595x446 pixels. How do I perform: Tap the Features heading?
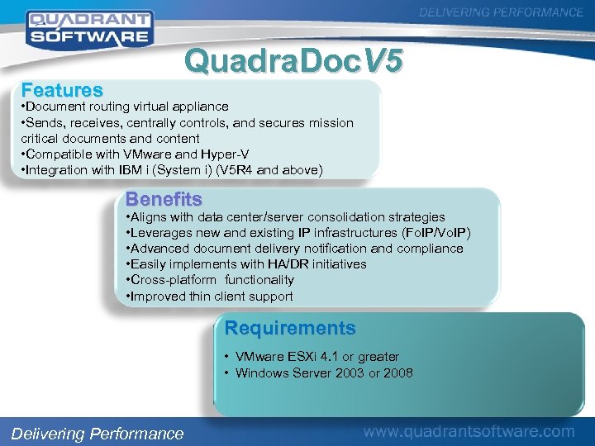pyautogui.click(x=62, y=89)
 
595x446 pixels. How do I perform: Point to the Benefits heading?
pyautogui.click(x=164, y=199)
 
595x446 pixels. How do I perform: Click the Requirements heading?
pyautogui.click(x=290, y=328)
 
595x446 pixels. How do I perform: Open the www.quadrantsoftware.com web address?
pyautogui.click(x=469, y=431)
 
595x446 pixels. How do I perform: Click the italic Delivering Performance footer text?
pyautogui.click(x=98, y=434)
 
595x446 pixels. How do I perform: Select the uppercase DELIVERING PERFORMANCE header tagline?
pyautogui.click(x=502, y=12)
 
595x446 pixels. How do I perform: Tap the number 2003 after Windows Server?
pyautogui.click(x=349, y=372)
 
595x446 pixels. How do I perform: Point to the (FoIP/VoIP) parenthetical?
pyautogui.click(x=436, y=233)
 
